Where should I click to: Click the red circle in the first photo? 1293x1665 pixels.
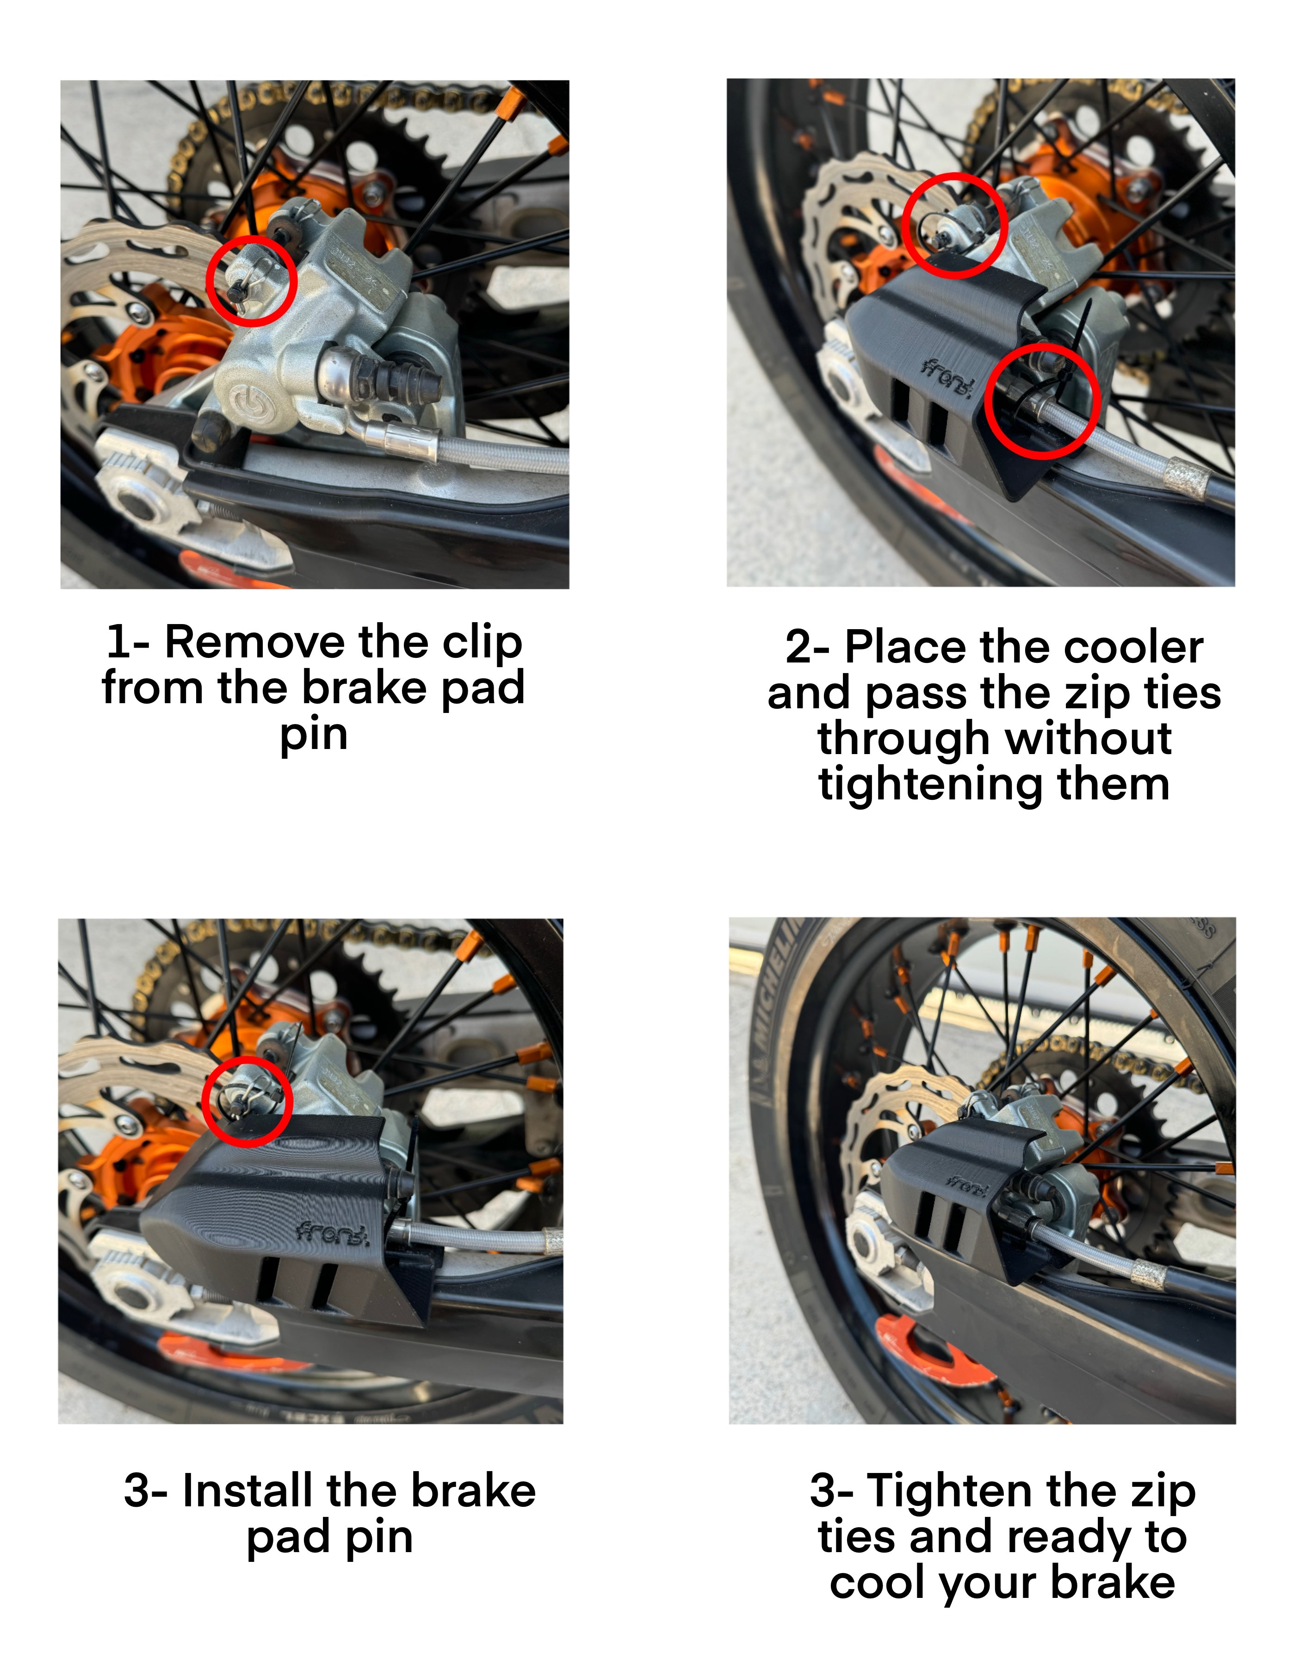tap(252, 280)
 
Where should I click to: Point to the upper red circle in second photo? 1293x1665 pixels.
tap(954, 226)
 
